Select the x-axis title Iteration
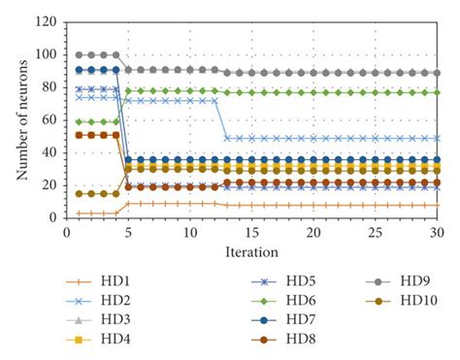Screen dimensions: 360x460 click(x=250, y=251)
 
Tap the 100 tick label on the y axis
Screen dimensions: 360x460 click(x=44, y=55)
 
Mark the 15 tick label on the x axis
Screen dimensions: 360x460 click(x=250, y=233)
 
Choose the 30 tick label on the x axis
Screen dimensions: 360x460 click(x=437, y=233)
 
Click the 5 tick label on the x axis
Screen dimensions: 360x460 click(x=127, y=233)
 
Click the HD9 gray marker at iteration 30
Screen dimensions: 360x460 click(x=437, y=73)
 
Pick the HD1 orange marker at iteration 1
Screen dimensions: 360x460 click(x=65, y=213)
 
